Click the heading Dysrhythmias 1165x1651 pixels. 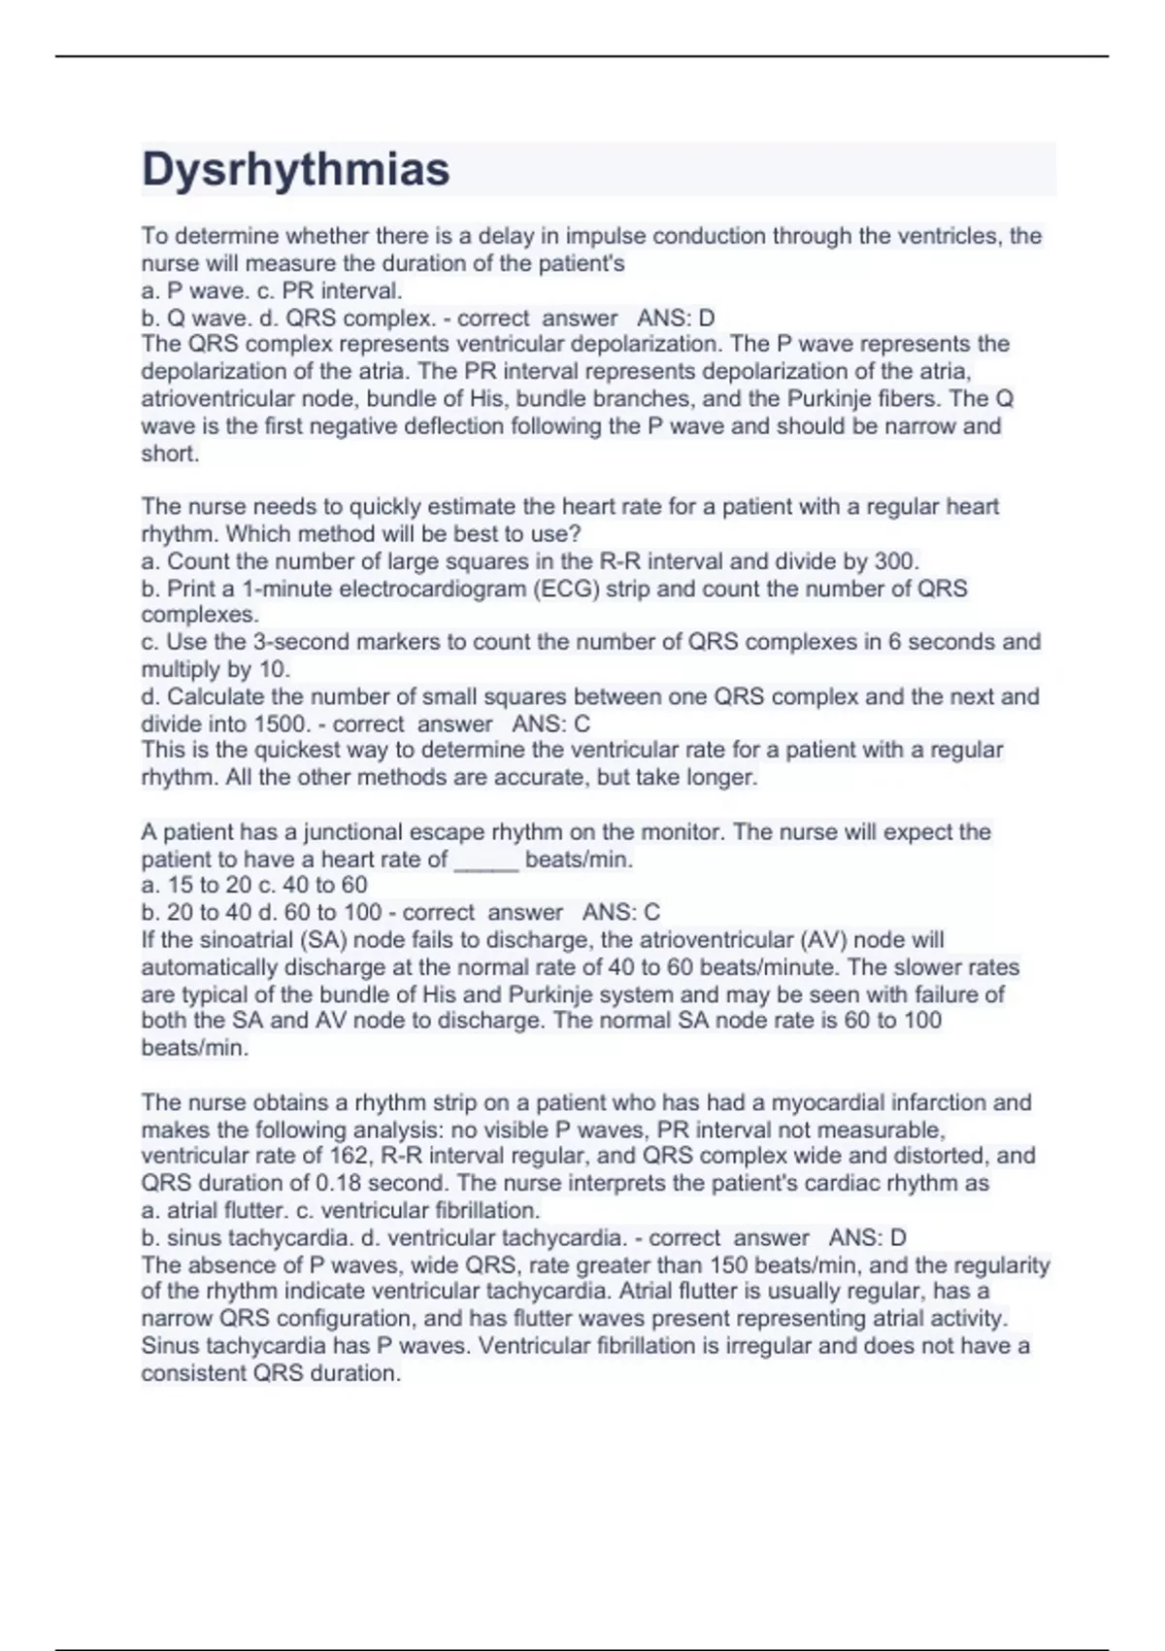click(295, 169)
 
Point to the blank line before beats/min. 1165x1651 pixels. click(486, 859)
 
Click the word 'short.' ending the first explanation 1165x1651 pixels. click(170, 454)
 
